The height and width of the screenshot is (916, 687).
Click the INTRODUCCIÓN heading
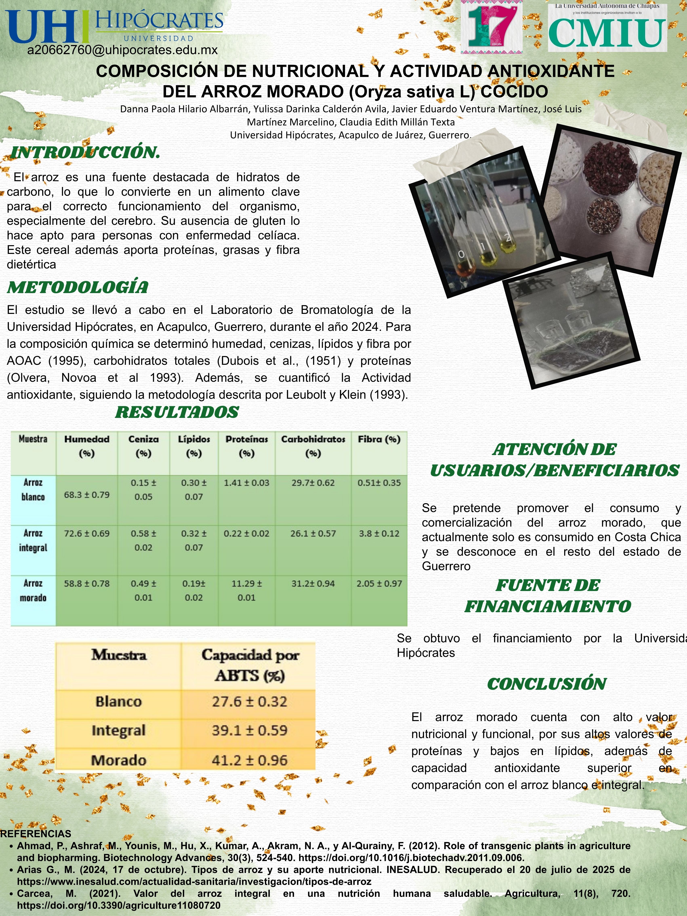coord(85,152)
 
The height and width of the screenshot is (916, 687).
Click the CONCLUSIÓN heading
coord(546,684)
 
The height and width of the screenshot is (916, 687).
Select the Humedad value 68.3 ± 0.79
coord(86,495)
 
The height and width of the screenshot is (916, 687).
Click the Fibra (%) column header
coord(379,439)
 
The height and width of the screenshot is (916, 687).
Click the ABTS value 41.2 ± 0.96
coord(249,760)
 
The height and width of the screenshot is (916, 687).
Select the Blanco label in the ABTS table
coord(118,701)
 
